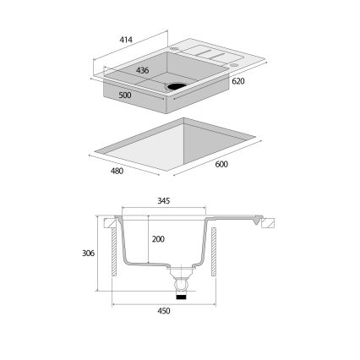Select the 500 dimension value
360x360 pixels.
point(123,94)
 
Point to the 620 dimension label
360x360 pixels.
point(237,80)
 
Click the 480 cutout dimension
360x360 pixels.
point(117,172)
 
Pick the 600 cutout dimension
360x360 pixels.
point(221,164)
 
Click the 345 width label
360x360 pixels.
point(164,201)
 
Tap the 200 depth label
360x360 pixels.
point(157,240)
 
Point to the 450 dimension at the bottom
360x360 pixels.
point(164,311)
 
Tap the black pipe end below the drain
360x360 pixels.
point(181,297)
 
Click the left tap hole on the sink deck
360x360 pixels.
point(176,49)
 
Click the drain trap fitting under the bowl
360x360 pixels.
point(181,280)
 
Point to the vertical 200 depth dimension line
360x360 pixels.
point(149,240)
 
